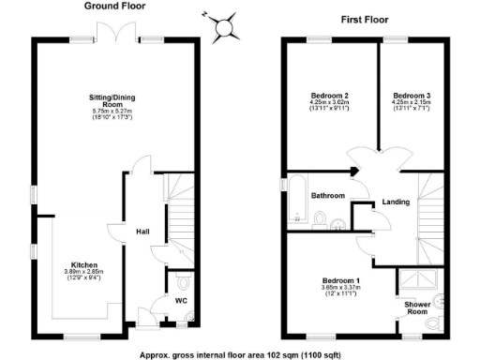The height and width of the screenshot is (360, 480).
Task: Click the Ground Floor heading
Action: click(114, 7)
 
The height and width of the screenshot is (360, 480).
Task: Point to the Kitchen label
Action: click(84, 265)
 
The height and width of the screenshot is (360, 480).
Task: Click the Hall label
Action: click(143, 232)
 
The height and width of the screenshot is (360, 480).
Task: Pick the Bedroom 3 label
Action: click(412, 96)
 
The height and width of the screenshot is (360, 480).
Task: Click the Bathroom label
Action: click(329, 195)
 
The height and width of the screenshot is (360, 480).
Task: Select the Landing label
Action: click(396, 201)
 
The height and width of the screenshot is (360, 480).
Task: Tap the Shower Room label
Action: click(417, 308)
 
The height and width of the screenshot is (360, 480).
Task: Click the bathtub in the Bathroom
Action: click(298, 199)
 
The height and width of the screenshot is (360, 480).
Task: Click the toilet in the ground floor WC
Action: click(182, 282)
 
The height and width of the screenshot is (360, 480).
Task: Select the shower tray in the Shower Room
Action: click(417, 281)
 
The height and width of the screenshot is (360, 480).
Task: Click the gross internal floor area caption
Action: click(240, 353)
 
